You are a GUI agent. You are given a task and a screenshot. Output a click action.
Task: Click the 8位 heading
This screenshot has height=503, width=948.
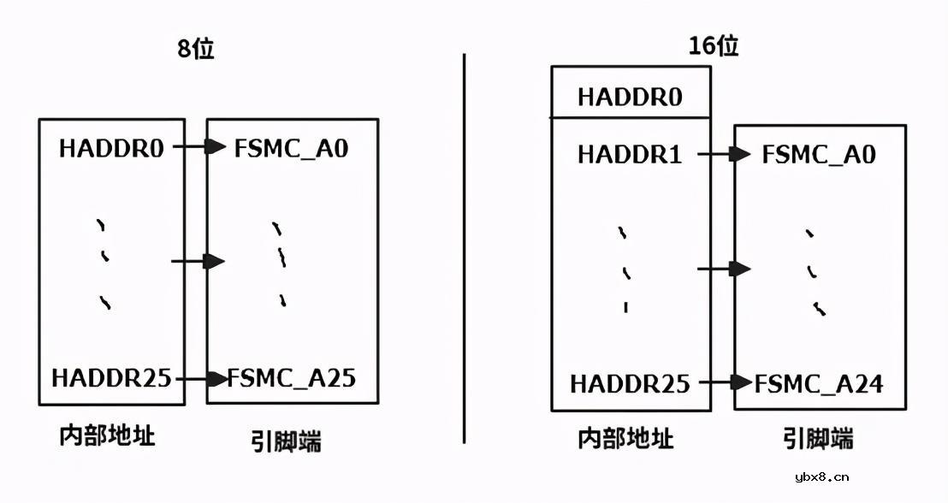(x=195, y=49)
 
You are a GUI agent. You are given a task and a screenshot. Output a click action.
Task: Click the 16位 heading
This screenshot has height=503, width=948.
(x=713, y=45)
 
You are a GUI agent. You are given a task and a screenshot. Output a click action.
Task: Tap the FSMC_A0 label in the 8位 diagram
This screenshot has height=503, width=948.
(x=291, y=148)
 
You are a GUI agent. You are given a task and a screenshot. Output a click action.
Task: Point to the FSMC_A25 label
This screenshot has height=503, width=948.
(x=292, y=377)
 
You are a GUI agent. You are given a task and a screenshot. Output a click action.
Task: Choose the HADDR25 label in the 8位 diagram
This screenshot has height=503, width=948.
(x=111, y=377)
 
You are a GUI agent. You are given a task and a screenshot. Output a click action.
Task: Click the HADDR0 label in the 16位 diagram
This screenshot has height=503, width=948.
(x=630, y=97)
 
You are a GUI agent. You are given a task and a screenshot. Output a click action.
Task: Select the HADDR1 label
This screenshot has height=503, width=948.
(x=630, y=155)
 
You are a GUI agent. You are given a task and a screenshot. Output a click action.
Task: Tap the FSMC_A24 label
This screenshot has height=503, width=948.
(x=818, y=383)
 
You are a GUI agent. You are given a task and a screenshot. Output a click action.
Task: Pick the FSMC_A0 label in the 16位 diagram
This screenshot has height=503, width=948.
(x=819, y=155)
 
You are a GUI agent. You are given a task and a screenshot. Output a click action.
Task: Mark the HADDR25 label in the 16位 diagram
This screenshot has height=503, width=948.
(x=630, y=383)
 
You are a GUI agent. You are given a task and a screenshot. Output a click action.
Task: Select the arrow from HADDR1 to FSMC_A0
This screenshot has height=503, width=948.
(x=725, y=155)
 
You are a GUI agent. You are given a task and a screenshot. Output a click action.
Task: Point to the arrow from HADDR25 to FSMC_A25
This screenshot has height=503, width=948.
(x=206, y=378)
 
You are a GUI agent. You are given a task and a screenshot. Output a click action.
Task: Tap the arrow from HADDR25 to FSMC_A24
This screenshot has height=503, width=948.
(x=730, y=382)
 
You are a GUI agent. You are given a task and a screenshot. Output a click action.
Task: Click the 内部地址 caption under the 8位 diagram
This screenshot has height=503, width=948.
(x=107, y=435)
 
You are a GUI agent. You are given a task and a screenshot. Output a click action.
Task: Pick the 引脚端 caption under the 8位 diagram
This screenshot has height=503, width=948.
(x=286, y=441)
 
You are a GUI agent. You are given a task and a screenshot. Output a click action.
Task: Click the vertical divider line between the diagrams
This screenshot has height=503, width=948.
(x=465, y=248)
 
